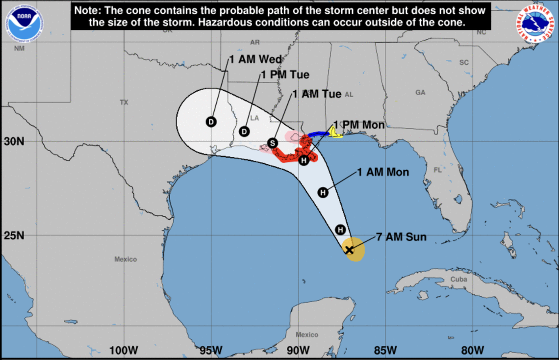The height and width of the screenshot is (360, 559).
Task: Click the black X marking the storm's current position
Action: click(349, 250)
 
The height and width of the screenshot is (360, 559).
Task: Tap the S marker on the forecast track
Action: click(273, 143)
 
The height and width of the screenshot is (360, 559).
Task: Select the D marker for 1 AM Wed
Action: click(211, 122)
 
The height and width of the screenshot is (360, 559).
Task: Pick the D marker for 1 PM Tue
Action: click(245, 131)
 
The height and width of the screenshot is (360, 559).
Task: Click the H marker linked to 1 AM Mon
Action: click(323, 192)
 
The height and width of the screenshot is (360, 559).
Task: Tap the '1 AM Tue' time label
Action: click(316, 94)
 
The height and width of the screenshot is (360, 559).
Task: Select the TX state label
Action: click(124, 103)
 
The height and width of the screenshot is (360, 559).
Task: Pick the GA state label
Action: click(420, 92)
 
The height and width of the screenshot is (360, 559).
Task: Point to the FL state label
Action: click(437, 170)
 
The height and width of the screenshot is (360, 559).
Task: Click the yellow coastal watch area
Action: click(335, 132)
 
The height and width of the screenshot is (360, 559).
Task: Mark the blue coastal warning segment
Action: click(319, 133)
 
